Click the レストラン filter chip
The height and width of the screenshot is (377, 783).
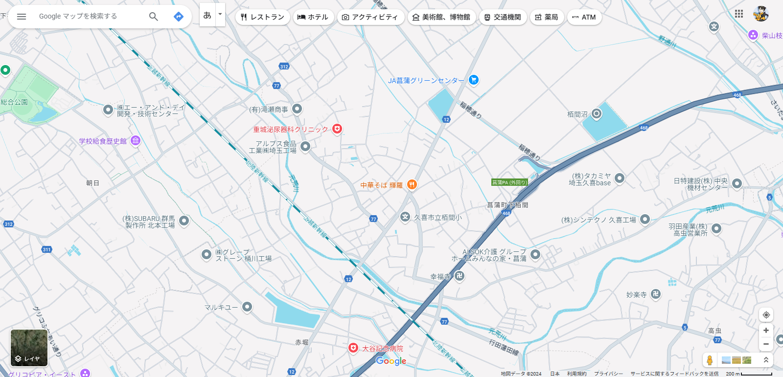[x=262, y=17]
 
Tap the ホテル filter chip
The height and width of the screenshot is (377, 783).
[x=313, y=17]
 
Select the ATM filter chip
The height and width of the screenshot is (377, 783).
[x=584, y=17]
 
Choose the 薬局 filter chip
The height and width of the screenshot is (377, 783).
[x=546, y=17]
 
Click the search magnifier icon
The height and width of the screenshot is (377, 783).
[x=153, y=17]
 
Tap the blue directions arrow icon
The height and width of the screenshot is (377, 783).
[x=179, y=17]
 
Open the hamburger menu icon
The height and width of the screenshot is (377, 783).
[x=22, y=17]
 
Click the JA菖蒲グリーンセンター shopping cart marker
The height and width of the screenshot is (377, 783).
[x=473, y=80]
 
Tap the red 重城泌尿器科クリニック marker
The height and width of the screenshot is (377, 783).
[x=337, y=129]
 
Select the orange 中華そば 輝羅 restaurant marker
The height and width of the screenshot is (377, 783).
[x=412, y=184]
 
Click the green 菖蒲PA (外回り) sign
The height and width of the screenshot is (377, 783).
[x=509, y=182]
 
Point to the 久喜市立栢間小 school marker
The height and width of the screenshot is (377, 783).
[x=405, y=217]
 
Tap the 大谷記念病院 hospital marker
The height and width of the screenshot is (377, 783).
[x=353, y=348]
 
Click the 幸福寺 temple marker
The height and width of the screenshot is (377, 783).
[x=459, y=276]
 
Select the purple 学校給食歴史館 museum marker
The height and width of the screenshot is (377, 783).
[x=136, y=141]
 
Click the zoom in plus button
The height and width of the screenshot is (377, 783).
[x=766, y=331]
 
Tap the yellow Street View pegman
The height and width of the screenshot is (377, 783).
[x=709, y=360]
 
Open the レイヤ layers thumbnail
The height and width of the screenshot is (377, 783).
[x=29, y=348]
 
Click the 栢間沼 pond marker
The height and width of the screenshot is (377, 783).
[x=596, y=114]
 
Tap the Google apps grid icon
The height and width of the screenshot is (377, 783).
[x=738, y=14]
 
